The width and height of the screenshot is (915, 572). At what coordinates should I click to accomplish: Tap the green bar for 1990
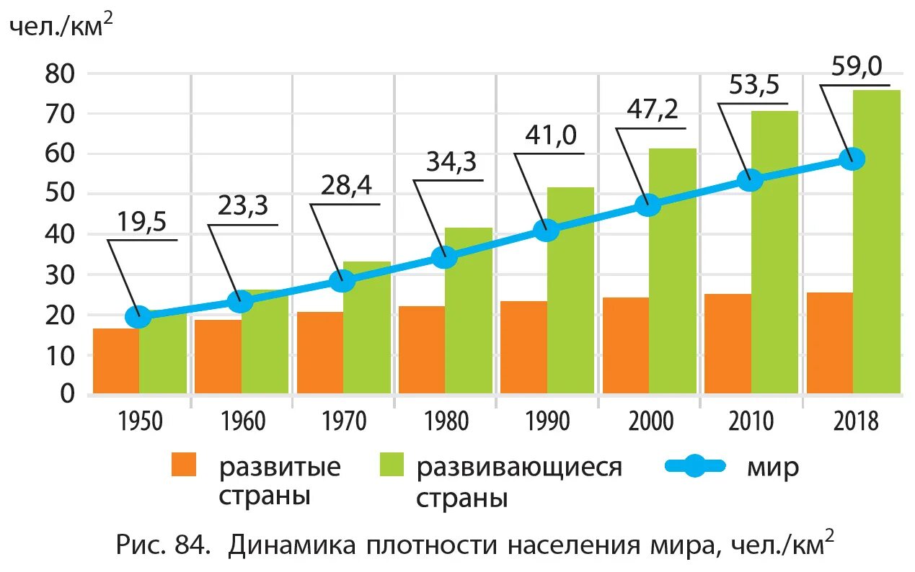tap(570, 295)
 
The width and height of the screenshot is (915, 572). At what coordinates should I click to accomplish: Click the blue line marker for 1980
tap(444, 256)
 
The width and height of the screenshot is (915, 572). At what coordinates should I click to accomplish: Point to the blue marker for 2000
tap(647, 205)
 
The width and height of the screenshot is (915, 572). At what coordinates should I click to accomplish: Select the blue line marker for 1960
tap(240, 301)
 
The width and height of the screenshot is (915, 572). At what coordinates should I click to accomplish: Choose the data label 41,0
tap(551, 137)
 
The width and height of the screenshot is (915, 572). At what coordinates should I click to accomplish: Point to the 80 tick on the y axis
tap(60, 73)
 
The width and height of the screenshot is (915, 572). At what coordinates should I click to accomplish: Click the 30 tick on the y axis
tap(60, 275)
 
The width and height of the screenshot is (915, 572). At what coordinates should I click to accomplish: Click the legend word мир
tap(773, 468)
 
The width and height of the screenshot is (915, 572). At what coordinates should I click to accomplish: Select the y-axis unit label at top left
tap(61, 27)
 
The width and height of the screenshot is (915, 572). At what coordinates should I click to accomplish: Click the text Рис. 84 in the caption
tap(163, 546)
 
